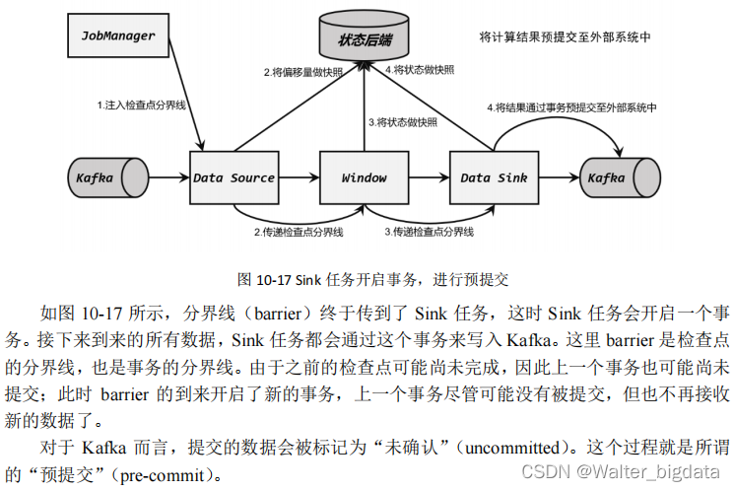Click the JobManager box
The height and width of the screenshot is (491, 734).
(x=119, y=35)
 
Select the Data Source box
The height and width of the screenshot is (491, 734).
(x=234, y=178)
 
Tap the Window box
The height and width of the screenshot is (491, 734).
(x=365, y=178)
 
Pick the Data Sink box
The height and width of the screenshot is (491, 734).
(x=494, y=178)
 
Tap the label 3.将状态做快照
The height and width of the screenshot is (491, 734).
(x=403, y=122)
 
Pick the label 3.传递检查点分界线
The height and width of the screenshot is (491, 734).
(x=429, y=232)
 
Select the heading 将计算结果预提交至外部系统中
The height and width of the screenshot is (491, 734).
(x=566, y=36)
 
